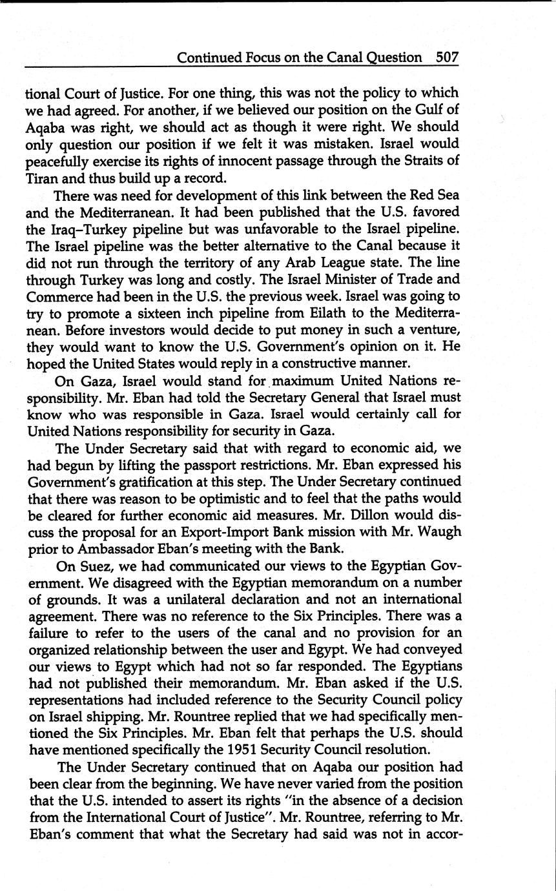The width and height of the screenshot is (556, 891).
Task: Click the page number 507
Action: click(447, 57)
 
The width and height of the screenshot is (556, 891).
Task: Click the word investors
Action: click(124, 329)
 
